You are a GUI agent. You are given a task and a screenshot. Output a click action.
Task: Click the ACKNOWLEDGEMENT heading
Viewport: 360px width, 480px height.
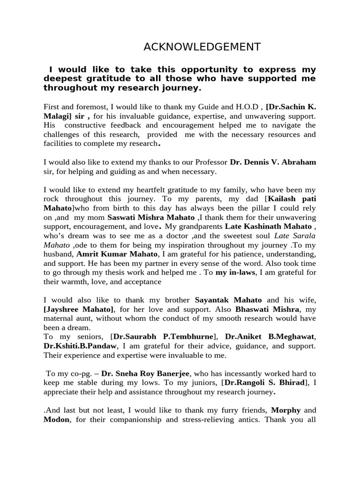202,46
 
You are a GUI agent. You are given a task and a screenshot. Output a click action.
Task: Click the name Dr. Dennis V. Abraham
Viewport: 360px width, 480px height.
273,162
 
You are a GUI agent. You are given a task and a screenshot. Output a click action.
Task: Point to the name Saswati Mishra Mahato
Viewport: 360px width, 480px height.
151,217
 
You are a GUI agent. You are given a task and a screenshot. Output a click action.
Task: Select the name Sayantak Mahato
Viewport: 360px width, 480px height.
228,300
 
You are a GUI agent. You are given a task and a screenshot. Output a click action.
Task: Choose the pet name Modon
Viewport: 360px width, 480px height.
57,420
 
